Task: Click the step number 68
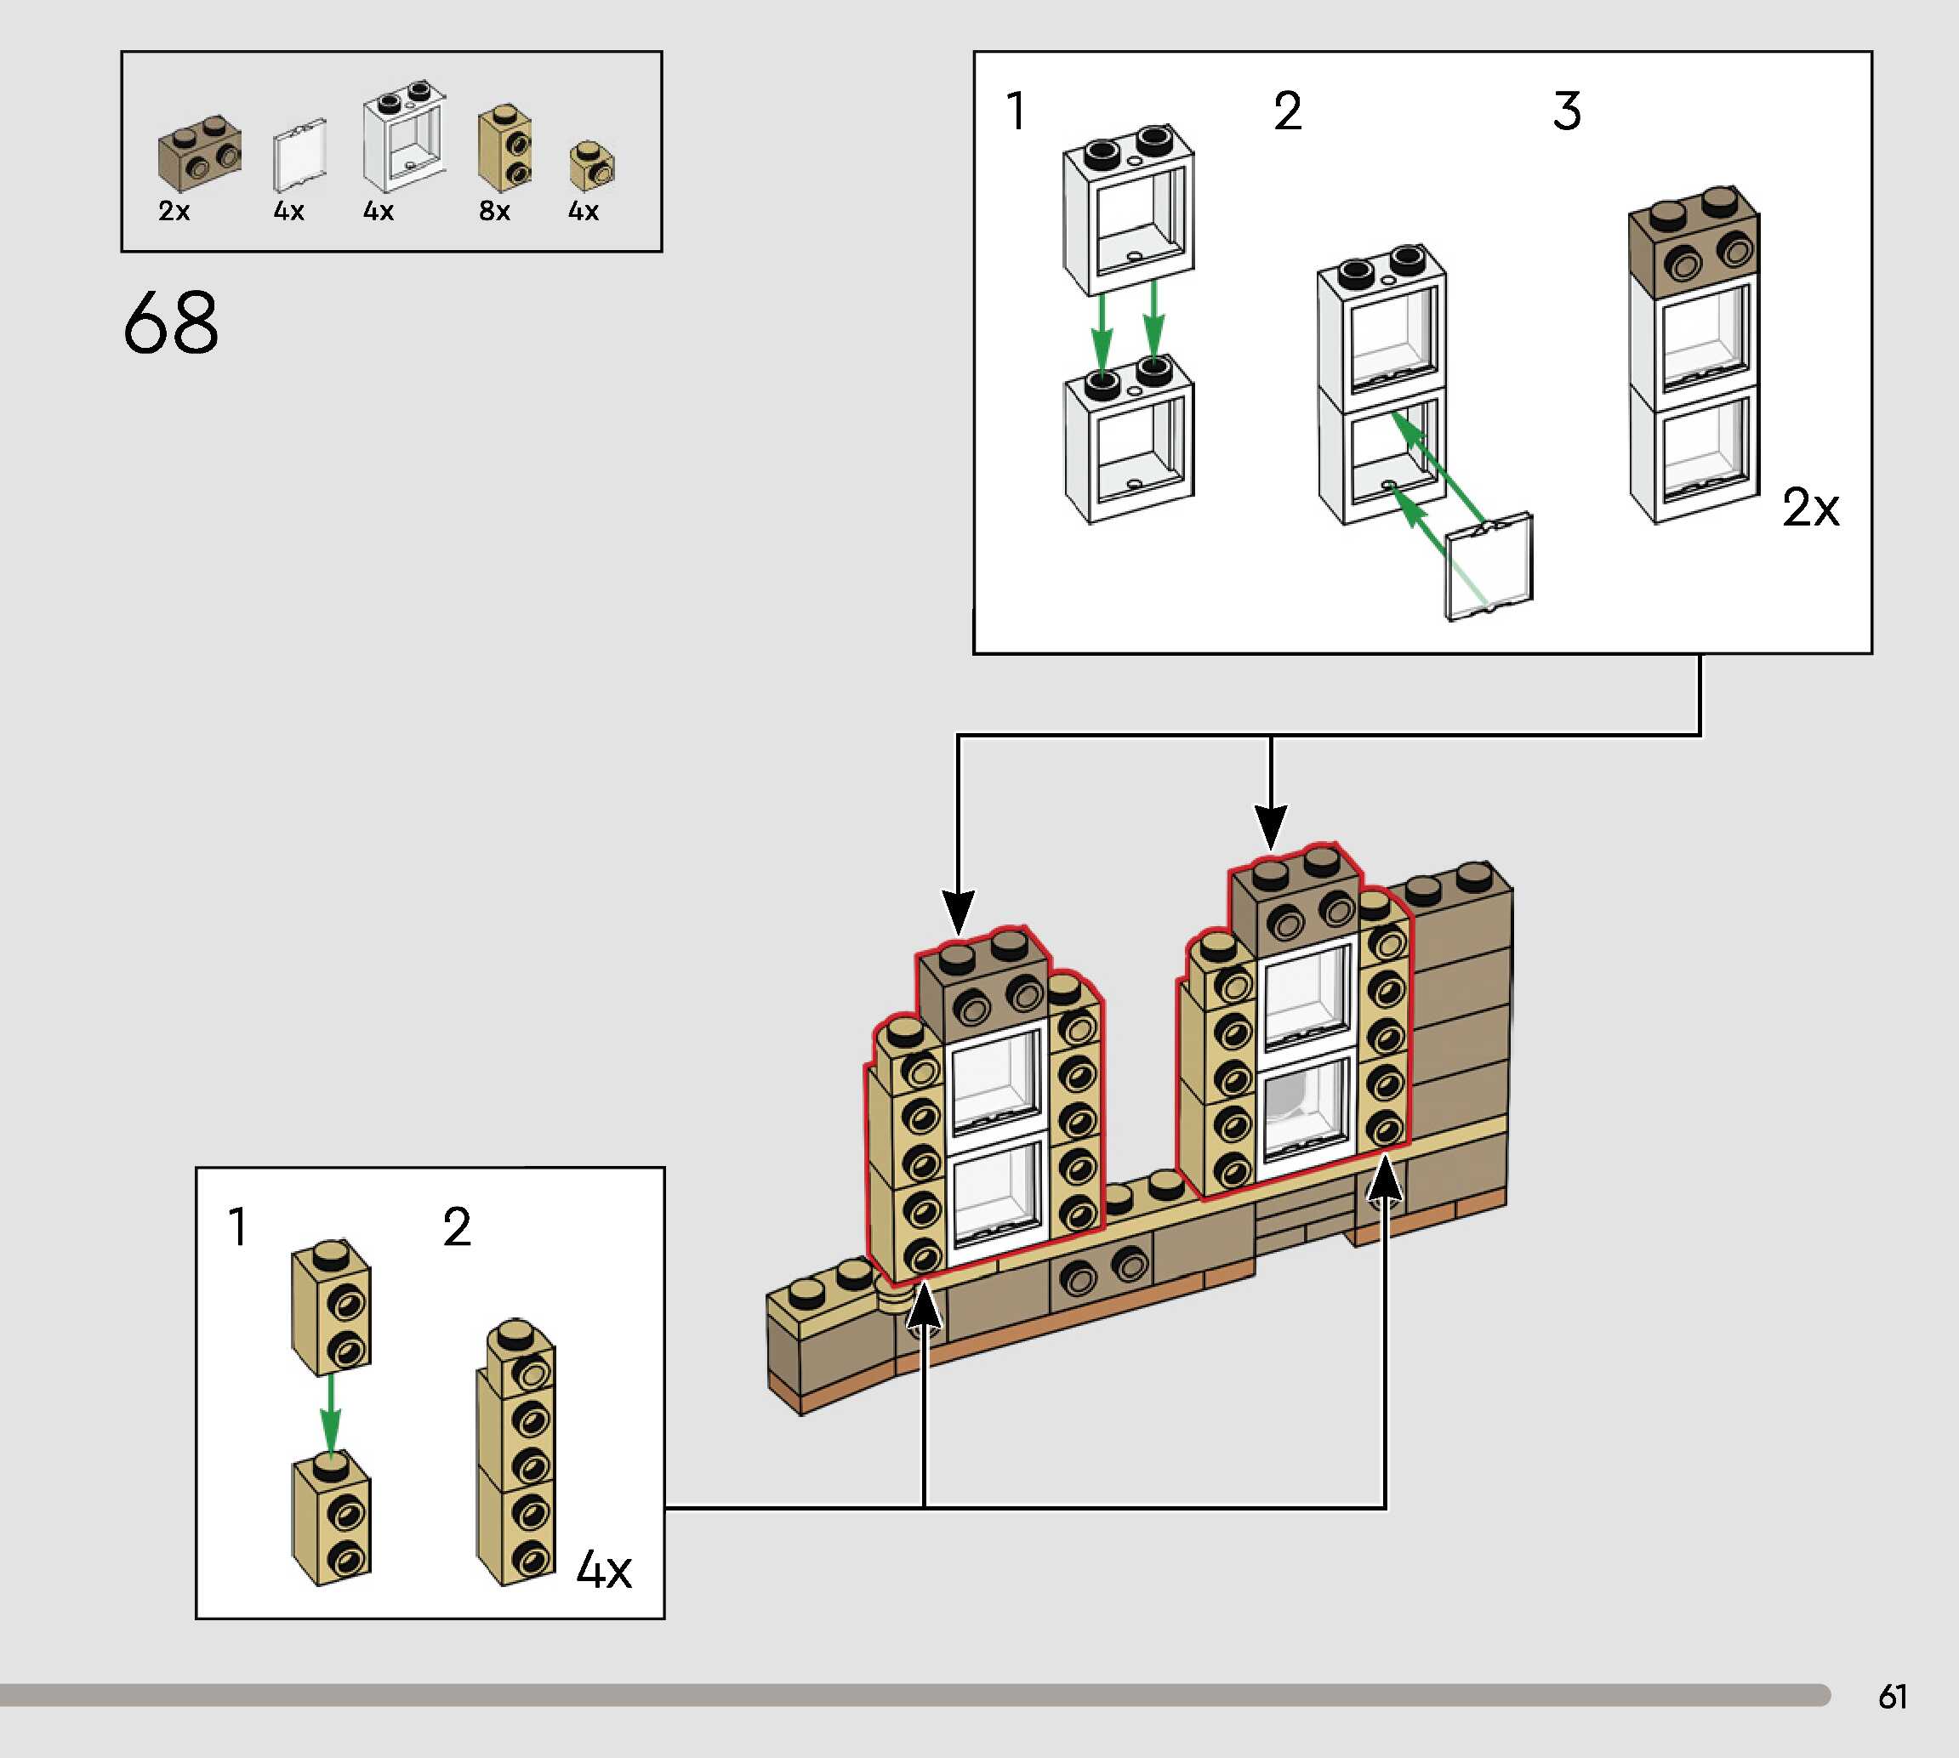point(171,322)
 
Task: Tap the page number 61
point(1893,1696)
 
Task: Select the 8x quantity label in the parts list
point(493,211)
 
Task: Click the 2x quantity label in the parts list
point(174,211)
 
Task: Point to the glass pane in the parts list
point(299,156)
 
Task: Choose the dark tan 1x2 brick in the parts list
point(200,152)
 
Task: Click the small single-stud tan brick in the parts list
point(591,166)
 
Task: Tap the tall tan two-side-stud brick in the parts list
point(504,147)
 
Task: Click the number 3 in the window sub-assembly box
point(1567,111)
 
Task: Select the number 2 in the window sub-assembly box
point(1287,111)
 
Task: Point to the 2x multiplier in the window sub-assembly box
point(1810,507)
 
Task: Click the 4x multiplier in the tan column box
point(604,1570)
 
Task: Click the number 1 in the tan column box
point(237,1227)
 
